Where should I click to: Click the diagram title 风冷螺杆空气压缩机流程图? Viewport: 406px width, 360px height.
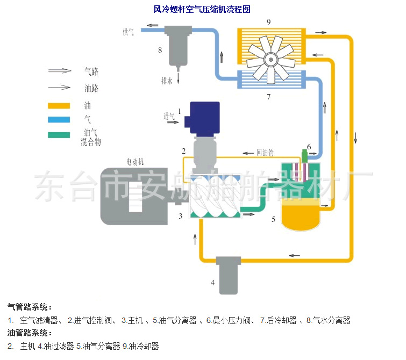[202, 9]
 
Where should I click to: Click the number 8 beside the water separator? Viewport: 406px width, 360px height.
[160, 50]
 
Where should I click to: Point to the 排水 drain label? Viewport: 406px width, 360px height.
[167, 81]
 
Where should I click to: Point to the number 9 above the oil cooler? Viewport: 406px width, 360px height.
[268, 21]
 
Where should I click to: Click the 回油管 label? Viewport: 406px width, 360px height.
[265, 153]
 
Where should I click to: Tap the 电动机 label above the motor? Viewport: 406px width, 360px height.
[135, 161]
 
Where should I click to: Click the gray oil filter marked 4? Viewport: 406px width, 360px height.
[226, 275]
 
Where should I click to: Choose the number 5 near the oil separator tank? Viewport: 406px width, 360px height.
[274, 219]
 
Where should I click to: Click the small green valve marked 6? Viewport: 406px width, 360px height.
[304, 156]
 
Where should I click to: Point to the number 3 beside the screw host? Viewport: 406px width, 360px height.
[181, 216]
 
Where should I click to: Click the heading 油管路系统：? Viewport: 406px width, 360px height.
[30, 333]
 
